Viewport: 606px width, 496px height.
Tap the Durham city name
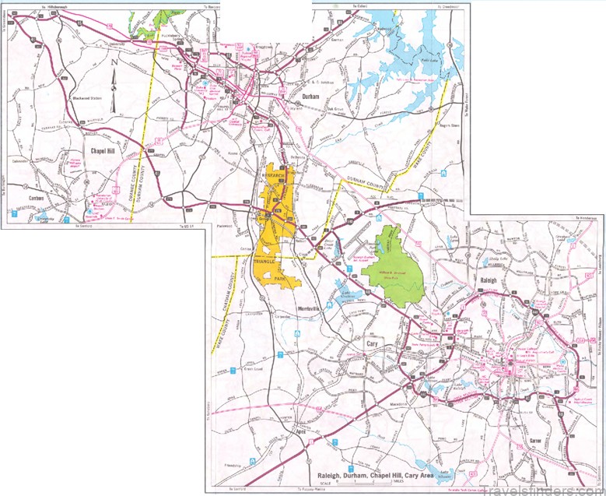tap(311, 96)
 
